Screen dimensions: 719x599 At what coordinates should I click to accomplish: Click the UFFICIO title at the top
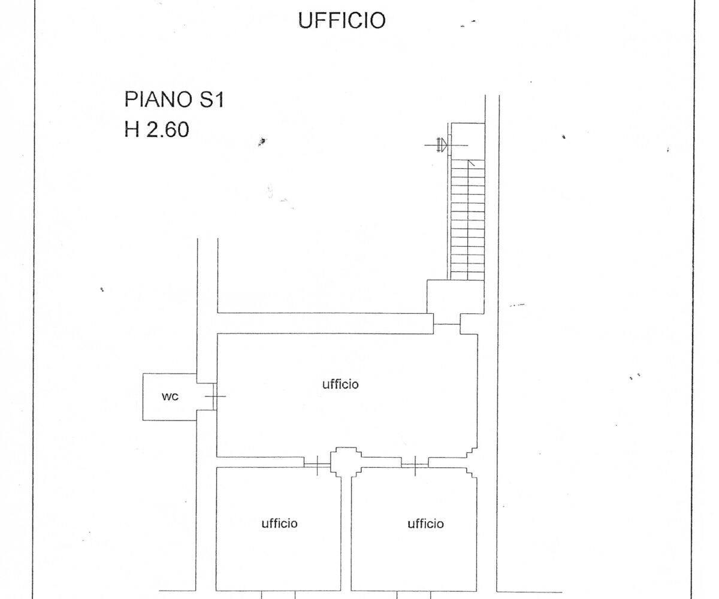pos(342,20)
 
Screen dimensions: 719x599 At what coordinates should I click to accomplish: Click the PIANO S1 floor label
pos(174,99)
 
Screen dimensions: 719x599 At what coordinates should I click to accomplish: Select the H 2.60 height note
pos(156,130)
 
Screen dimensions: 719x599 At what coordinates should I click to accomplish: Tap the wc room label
pos(170,397)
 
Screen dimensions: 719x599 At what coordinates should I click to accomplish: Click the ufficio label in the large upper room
pos(340,384)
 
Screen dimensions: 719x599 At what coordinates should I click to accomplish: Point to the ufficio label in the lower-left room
pos(279,524)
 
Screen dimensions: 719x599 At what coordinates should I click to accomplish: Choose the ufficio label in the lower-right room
pos(425,524)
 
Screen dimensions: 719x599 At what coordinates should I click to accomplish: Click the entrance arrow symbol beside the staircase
pos(443,145)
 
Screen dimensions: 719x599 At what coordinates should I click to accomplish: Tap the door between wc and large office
pos(215,397)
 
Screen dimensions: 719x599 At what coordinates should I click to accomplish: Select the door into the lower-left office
pos(317,465)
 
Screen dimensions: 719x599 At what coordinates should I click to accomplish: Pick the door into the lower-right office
pos(415,465)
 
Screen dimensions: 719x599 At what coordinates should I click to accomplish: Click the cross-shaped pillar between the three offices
pos(346,462)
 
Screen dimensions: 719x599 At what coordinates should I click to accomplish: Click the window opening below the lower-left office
pos(278,595)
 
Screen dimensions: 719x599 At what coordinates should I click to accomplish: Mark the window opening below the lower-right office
pos(413,595)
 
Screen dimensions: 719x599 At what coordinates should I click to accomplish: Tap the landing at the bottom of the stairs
pos(455,297)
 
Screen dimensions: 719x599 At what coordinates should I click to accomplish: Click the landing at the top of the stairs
pos(468,141)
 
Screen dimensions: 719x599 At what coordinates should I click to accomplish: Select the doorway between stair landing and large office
pos(447,324)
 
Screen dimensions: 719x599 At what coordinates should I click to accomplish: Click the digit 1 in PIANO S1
pos(219,100)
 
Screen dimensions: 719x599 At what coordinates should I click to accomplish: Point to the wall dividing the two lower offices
pos(346,534)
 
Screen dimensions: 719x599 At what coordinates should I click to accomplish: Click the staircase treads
pos(468,220)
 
